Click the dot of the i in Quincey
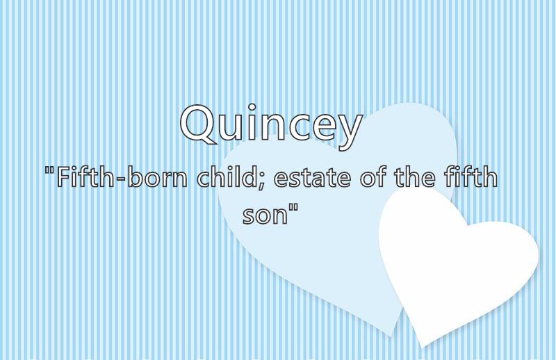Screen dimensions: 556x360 point(252,108)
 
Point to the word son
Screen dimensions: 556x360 point(265,215)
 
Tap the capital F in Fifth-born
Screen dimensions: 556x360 point(63,177)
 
